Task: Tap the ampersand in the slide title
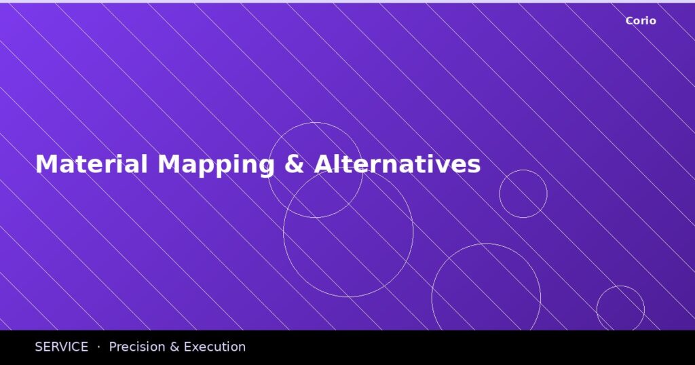pyautogui.click(x=294, y=164)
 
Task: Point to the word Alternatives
pyautogui.click(x=397, y=164)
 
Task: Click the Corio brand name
pyautogui.click(x=641, y=21)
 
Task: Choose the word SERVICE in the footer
pyautogui.click(x=62, y=347)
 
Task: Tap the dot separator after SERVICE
pyautogui.click(x=98, y=347)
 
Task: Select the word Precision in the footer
pyautogui.click(x=136, y=347)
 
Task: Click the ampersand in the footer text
pyautogui.click(x=174, y=347)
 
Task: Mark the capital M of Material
pyautogui.click(x=45, y=164)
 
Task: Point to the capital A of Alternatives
pyautogui.click(x=322, y=164)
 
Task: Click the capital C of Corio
pyautogui.click(x=629, y=21)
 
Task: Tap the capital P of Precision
pyautogui.click(x=113, y=347)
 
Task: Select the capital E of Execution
pyautogui.click(x=188, y=347)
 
